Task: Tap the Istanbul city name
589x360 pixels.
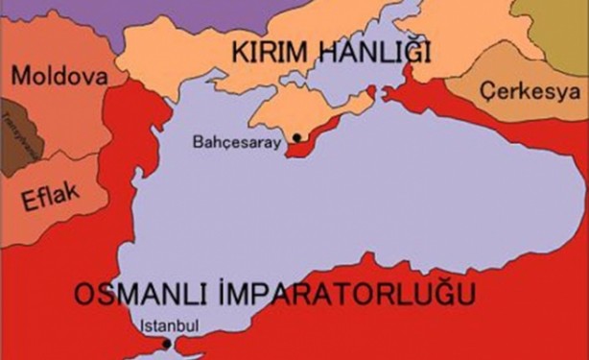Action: (169, 324)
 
